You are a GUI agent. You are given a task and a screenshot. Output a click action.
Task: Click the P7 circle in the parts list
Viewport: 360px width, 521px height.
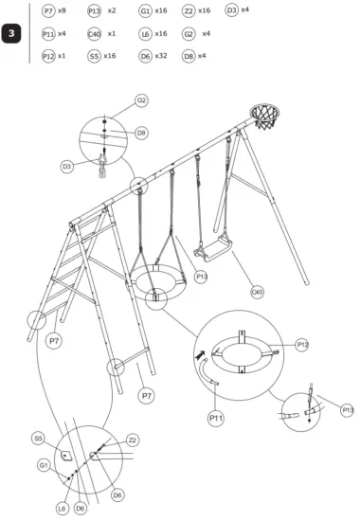(x=48, y=10)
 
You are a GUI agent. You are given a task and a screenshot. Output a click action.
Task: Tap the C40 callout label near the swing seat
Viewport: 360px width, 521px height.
(x=257, y=293)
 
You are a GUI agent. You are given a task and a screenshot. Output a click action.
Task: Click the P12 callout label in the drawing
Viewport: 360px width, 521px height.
(x=302, y=345)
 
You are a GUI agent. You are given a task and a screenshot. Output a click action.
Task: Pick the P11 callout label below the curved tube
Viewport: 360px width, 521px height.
(x=215, y=415)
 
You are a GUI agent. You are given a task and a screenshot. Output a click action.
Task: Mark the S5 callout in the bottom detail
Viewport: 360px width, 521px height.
(x=39, y=438)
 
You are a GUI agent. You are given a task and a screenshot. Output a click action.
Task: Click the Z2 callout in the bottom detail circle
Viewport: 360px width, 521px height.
(x=133, y=440)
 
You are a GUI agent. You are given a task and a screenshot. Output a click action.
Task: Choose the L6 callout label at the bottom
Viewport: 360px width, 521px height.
(x=62, y=509)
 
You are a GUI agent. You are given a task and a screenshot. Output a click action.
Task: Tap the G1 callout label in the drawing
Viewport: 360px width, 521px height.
(x=44, y=464)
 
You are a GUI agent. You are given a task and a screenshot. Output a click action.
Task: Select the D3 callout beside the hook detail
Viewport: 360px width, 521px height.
(x=67, y=166)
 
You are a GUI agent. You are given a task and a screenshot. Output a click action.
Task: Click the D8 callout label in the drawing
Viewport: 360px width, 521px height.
(x=141, y=134)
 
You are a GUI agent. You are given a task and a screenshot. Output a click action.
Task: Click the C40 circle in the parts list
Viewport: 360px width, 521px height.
(x=94, y=34)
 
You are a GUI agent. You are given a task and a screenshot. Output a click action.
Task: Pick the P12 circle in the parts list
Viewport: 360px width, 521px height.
(x=48, y=57)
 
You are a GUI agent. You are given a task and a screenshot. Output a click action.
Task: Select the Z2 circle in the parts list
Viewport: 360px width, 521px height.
(x=189, y=10)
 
